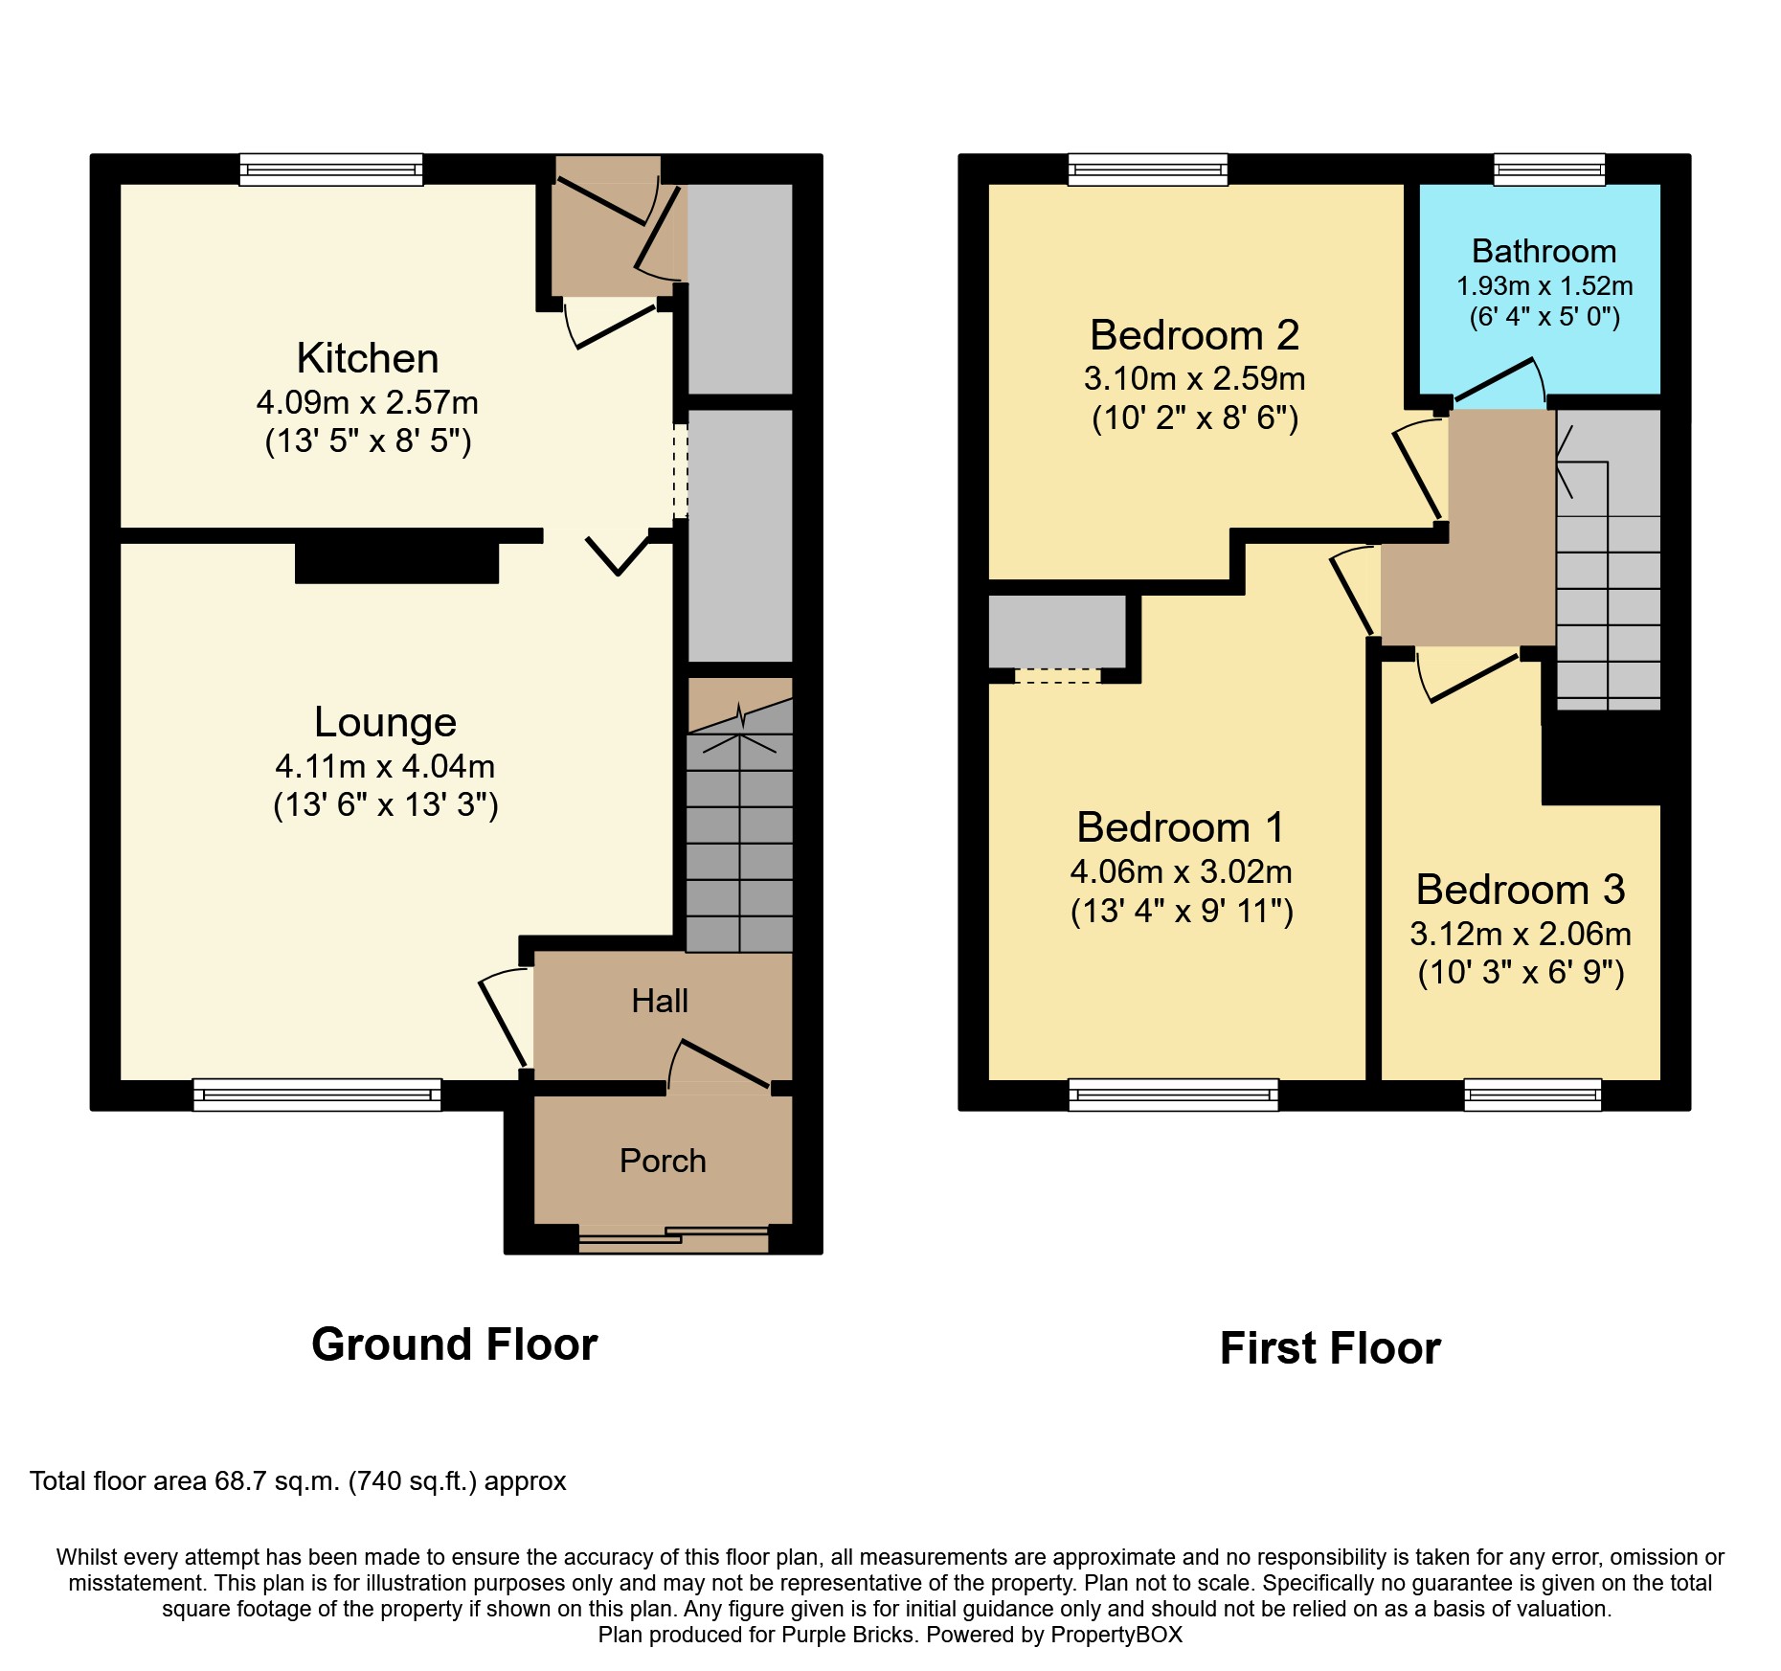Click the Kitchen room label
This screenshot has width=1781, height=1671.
click(x=368, y=359)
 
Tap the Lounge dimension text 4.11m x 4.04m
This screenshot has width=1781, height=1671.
click(x=385, y=766)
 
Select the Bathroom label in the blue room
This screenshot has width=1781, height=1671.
click(x=1544, y=251)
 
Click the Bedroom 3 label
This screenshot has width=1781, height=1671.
click(x=1520, y=890)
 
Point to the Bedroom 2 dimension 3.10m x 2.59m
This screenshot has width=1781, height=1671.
click(x=1194, y=379)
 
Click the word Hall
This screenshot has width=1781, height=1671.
click(x=660, y=1002)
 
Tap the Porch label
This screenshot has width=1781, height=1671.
click(x=663, y=1161)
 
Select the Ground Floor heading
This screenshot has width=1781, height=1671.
click(x=454, y=1344)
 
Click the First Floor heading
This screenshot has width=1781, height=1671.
click(x=1329, y=1348)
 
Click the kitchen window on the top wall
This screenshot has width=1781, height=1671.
click(x=330, y=170)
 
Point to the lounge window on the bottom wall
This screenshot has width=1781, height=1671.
click(x=317, y=1094)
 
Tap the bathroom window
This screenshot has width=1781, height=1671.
click(x=1548, y=170)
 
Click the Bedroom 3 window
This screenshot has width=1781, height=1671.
click(x=1532, y=1094)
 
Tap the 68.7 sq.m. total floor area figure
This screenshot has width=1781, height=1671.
click(x=277, y=1481)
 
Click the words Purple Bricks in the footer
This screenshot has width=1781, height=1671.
click(x=847, y=1635)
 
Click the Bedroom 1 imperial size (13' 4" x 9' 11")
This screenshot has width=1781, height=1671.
click(x=1182, y=911)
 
